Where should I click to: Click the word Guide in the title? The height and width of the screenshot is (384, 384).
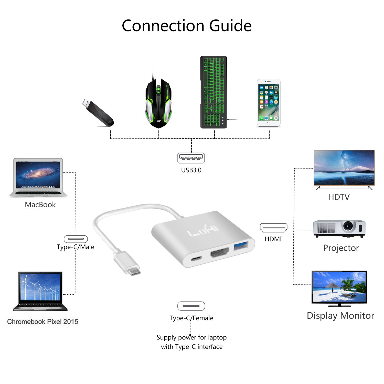pyautogui.click(x=230, y=26)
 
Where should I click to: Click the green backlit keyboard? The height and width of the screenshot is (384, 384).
pyautogui.click(x=214, y=92)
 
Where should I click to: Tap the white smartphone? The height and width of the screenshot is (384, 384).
pyautogui.click(x=269, y=103)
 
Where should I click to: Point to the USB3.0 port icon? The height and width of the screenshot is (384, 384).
pyautogui.click(x=191, y=158)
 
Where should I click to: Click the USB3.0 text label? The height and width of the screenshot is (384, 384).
pyautogui.click(x=191, y=170)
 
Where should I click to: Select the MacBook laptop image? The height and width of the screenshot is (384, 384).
pyautogui.click(x=38, y=177)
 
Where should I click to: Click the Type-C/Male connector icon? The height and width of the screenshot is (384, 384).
pyautogui.click(x=76, y=239)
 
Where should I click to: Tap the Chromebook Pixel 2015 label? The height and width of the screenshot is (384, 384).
pyautogui.click(x=43, y=322)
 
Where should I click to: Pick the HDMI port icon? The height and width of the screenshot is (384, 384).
pyautogui.click(x=273, y=228)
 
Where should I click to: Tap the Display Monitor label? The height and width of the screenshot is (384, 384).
pyautogui.click(x=340, y=316)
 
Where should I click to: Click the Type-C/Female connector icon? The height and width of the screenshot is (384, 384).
pyautogui.click(x=191, y=306)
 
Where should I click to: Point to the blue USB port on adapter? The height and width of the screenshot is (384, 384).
pyautogui.click(x=241, y=245)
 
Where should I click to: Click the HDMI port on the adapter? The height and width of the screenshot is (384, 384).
pyautogui.click(x=220, y=253)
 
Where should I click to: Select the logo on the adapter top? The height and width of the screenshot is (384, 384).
pyautogui.click(x=203, y=231)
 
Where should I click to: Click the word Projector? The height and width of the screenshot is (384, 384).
pyautogui.click(x=341, y=248)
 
